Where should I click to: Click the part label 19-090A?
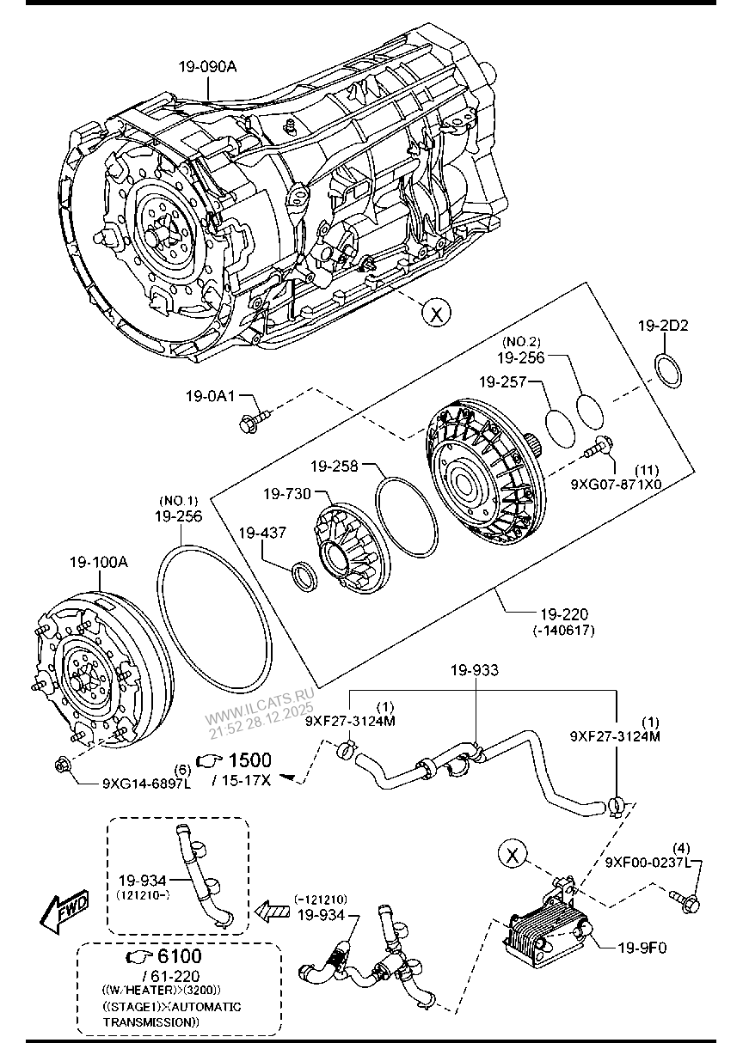[207, 66]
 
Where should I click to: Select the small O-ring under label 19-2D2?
[667, 369]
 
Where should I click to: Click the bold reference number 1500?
[249, 760]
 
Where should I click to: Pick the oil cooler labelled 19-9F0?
[539, 932]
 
